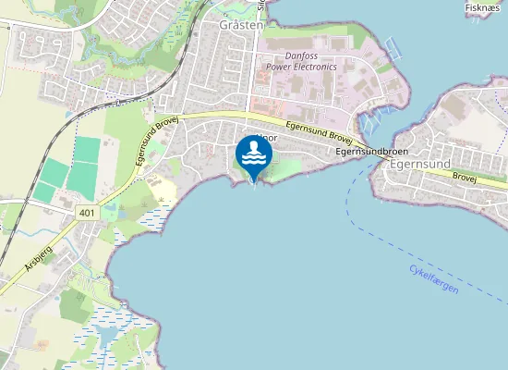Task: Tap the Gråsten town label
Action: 241,25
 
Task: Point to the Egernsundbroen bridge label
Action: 372,150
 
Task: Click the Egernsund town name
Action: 420,164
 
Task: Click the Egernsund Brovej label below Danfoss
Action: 319,132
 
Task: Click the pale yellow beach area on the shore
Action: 163,191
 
